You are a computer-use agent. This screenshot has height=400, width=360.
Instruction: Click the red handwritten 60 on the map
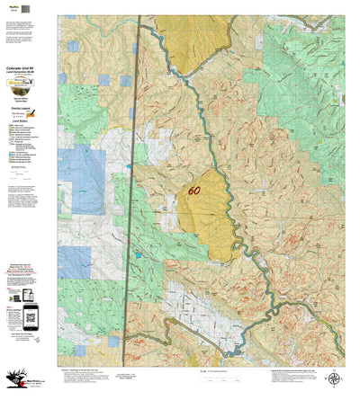(194, 191)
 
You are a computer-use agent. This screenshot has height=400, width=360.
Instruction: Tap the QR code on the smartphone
(31, 314)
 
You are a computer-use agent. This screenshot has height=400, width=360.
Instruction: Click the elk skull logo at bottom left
(15, 381)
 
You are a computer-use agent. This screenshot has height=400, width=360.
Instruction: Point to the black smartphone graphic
(31, 315)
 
